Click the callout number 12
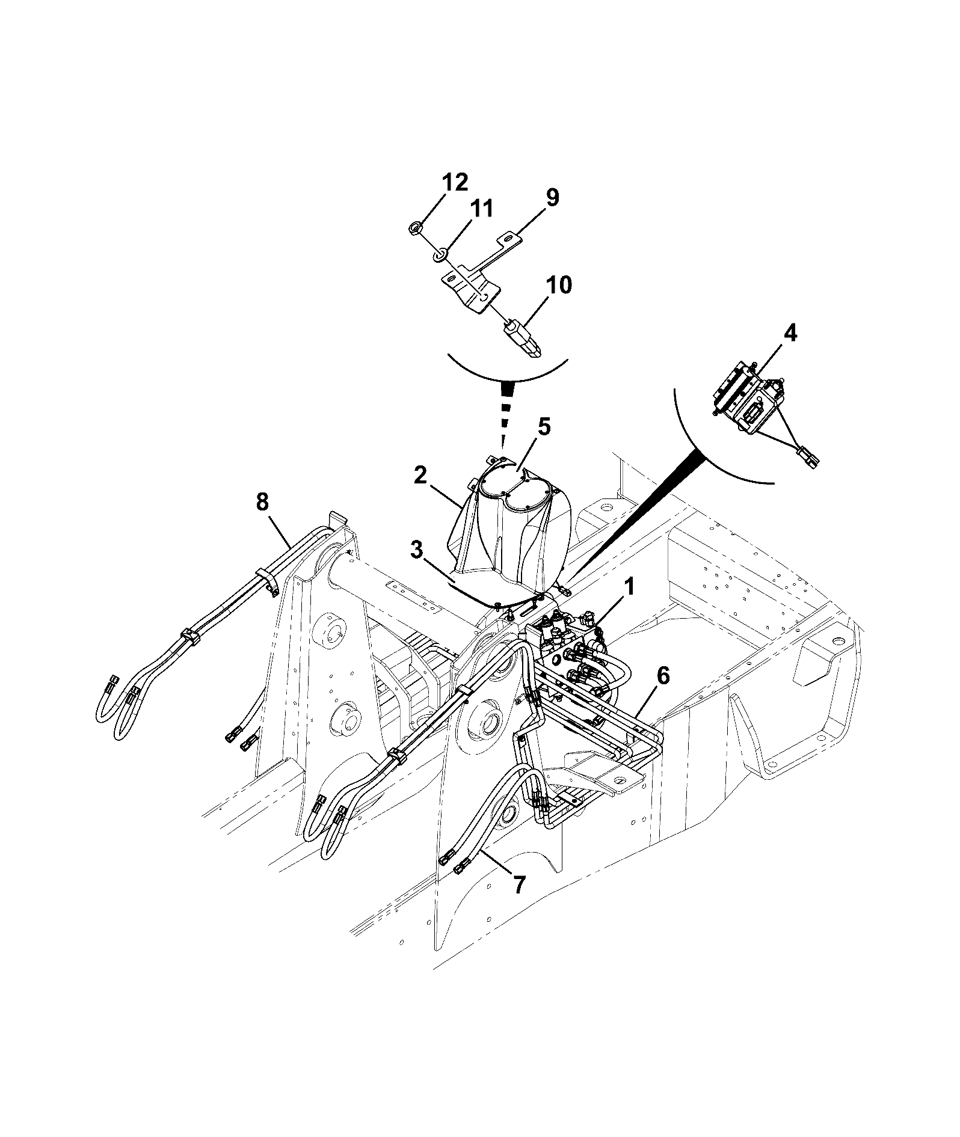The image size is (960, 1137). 455,182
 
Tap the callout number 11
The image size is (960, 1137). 481,209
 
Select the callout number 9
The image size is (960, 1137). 552,198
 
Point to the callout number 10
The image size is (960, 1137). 559,285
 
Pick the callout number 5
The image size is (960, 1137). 544,426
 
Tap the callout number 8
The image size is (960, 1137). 262,502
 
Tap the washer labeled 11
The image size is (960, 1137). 440,256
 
